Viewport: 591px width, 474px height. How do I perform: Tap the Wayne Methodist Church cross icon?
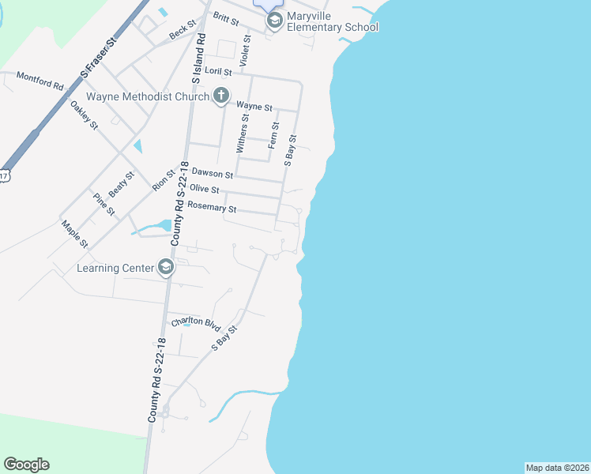point(221,96)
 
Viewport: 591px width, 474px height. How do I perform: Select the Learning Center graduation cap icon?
point(166,268)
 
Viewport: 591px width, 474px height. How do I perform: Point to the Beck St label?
point(182,32)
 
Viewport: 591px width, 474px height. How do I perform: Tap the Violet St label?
point(246,50)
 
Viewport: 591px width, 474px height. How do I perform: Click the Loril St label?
point(218,71)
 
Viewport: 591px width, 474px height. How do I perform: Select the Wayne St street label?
point(254,106)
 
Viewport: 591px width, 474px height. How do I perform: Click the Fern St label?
point(273,135)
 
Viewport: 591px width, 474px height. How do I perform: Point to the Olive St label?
point(205,190)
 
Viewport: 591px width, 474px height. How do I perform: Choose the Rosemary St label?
point(211,209)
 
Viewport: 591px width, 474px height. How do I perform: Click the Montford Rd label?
point(40,79)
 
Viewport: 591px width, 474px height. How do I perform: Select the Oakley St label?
point(83,115)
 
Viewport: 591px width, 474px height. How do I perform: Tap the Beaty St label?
point(122,184)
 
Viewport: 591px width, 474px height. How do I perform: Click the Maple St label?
point(75,234)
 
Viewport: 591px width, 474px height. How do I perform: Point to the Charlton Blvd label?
point(195,322)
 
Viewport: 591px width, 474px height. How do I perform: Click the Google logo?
point(26,465)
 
